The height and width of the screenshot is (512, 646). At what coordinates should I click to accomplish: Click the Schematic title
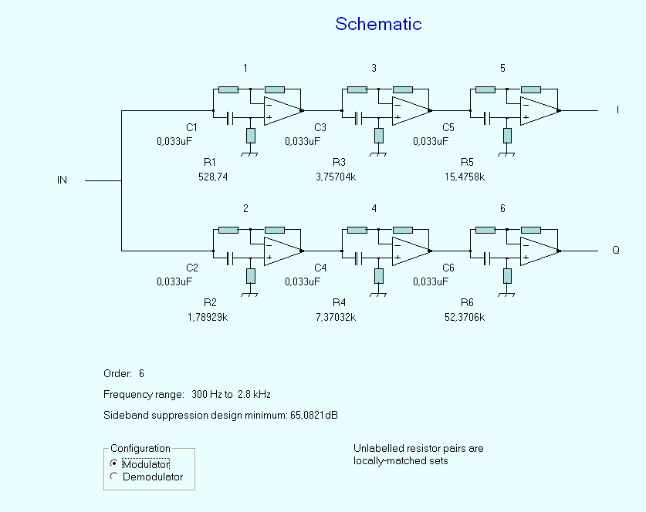click(378, 24)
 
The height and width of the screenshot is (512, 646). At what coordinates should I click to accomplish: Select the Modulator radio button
click(114, 463)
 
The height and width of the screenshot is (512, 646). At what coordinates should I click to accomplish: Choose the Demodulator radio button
click(114, 477)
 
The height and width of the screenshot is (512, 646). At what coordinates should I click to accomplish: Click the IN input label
click(63, 180)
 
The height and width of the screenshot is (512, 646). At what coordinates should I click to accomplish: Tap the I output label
click(617, 110)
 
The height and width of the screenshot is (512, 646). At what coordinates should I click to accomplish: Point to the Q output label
click(616, 251)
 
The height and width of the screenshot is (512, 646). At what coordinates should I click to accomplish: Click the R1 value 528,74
click(213, 177)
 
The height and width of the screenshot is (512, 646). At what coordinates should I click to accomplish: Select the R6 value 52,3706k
click(464, 317)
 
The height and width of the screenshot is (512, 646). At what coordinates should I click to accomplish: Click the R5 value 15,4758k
click(465, 177)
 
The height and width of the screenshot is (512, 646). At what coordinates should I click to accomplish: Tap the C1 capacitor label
click(192, 127)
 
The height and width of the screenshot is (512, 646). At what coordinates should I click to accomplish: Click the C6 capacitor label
click(448, 268)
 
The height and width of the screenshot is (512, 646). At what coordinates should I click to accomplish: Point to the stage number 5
click(502, 69)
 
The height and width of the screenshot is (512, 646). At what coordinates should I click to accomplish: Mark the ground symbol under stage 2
click(249, 294)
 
